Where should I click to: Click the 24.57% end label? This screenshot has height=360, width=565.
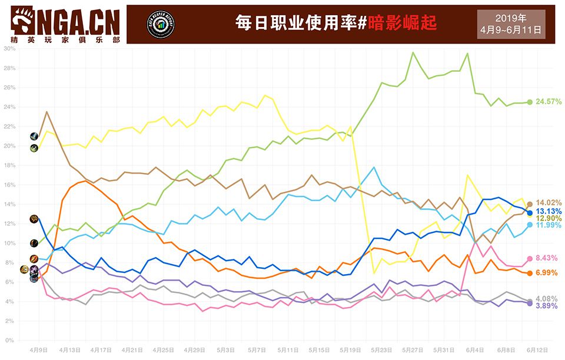[x=547, y=102]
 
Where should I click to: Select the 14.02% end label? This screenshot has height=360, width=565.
[x=547, y=204]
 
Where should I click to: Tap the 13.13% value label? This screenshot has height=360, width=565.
[x=547, y=211]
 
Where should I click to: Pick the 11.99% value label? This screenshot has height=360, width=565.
[x=547, y=225]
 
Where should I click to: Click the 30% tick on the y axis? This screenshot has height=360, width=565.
[x=9, y=49]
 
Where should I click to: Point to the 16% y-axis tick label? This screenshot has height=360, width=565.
[x=9, y=185]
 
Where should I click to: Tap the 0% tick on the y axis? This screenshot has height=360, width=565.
[x=10, y=341]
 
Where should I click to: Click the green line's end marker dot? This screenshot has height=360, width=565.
[x=530, y=102]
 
